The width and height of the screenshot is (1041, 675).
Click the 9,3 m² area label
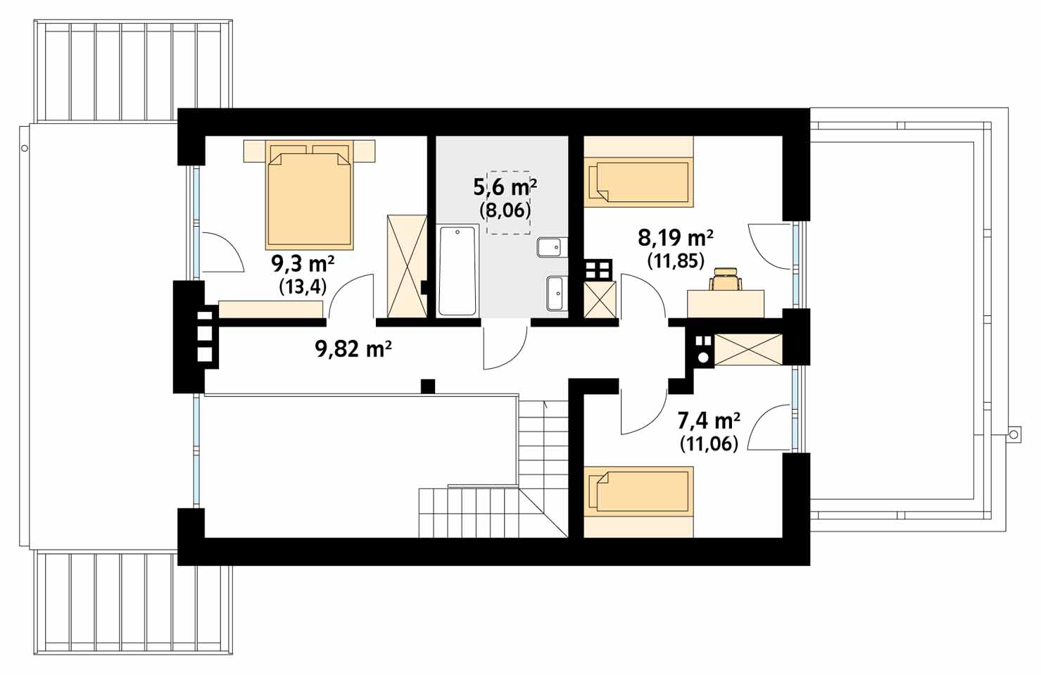[303, 265]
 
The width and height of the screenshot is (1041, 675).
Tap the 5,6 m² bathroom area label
[505, 187]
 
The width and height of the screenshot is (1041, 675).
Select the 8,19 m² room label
[676, 239]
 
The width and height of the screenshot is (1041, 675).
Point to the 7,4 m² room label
[709, 422]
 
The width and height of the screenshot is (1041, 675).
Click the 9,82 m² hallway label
[353, 348]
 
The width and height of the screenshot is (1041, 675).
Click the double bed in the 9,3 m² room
[310, 195]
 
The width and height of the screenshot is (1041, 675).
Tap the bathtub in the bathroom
[458, 270]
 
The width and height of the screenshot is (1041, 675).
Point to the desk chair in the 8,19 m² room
[726, 279]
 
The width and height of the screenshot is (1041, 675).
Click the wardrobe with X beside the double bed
[407, 266]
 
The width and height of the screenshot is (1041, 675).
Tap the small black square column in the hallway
[428, 386]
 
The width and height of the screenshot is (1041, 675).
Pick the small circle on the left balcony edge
[25, 149]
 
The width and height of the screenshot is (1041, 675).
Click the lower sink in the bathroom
[555, 294]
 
